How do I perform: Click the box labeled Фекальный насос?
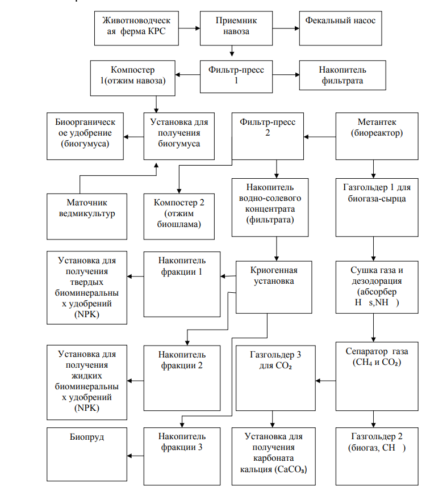[341, 28]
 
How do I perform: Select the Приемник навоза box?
[236, 28]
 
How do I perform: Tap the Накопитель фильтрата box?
[343, 75]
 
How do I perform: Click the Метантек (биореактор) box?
[377, 136]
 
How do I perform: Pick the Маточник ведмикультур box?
[87, 217]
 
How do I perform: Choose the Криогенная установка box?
[274, 287]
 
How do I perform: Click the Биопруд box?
[87, 454]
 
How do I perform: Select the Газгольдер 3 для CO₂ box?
[275, 378]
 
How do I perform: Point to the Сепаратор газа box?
[377, 376]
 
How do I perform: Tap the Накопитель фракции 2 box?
[182, 378]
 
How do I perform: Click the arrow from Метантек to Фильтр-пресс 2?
[320, 137]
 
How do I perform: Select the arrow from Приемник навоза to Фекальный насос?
[286, 28]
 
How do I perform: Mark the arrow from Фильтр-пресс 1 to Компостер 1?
[187, 75]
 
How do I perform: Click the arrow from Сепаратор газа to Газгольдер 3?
[325, 381]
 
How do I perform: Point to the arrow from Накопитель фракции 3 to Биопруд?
[135, 456]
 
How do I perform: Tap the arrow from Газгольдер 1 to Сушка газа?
[374, 249]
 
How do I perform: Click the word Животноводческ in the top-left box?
[136, 20]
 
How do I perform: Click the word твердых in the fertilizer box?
[87, 282]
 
